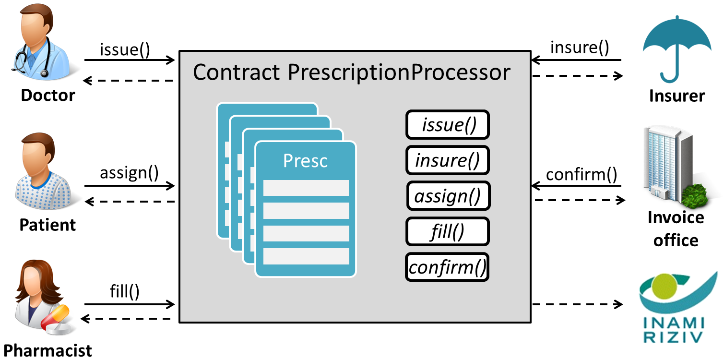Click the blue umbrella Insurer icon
[677, 46]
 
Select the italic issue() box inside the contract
[448, 125]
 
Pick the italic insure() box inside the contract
[448, 160]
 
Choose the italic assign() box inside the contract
[448, 196]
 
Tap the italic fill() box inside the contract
[448, 231]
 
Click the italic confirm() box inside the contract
[448, 267]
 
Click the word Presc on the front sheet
[306, 161]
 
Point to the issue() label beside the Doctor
[125, 49]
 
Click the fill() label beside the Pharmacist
[124, 291]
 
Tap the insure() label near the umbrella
[579, 48]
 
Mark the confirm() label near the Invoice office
[582, 174]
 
